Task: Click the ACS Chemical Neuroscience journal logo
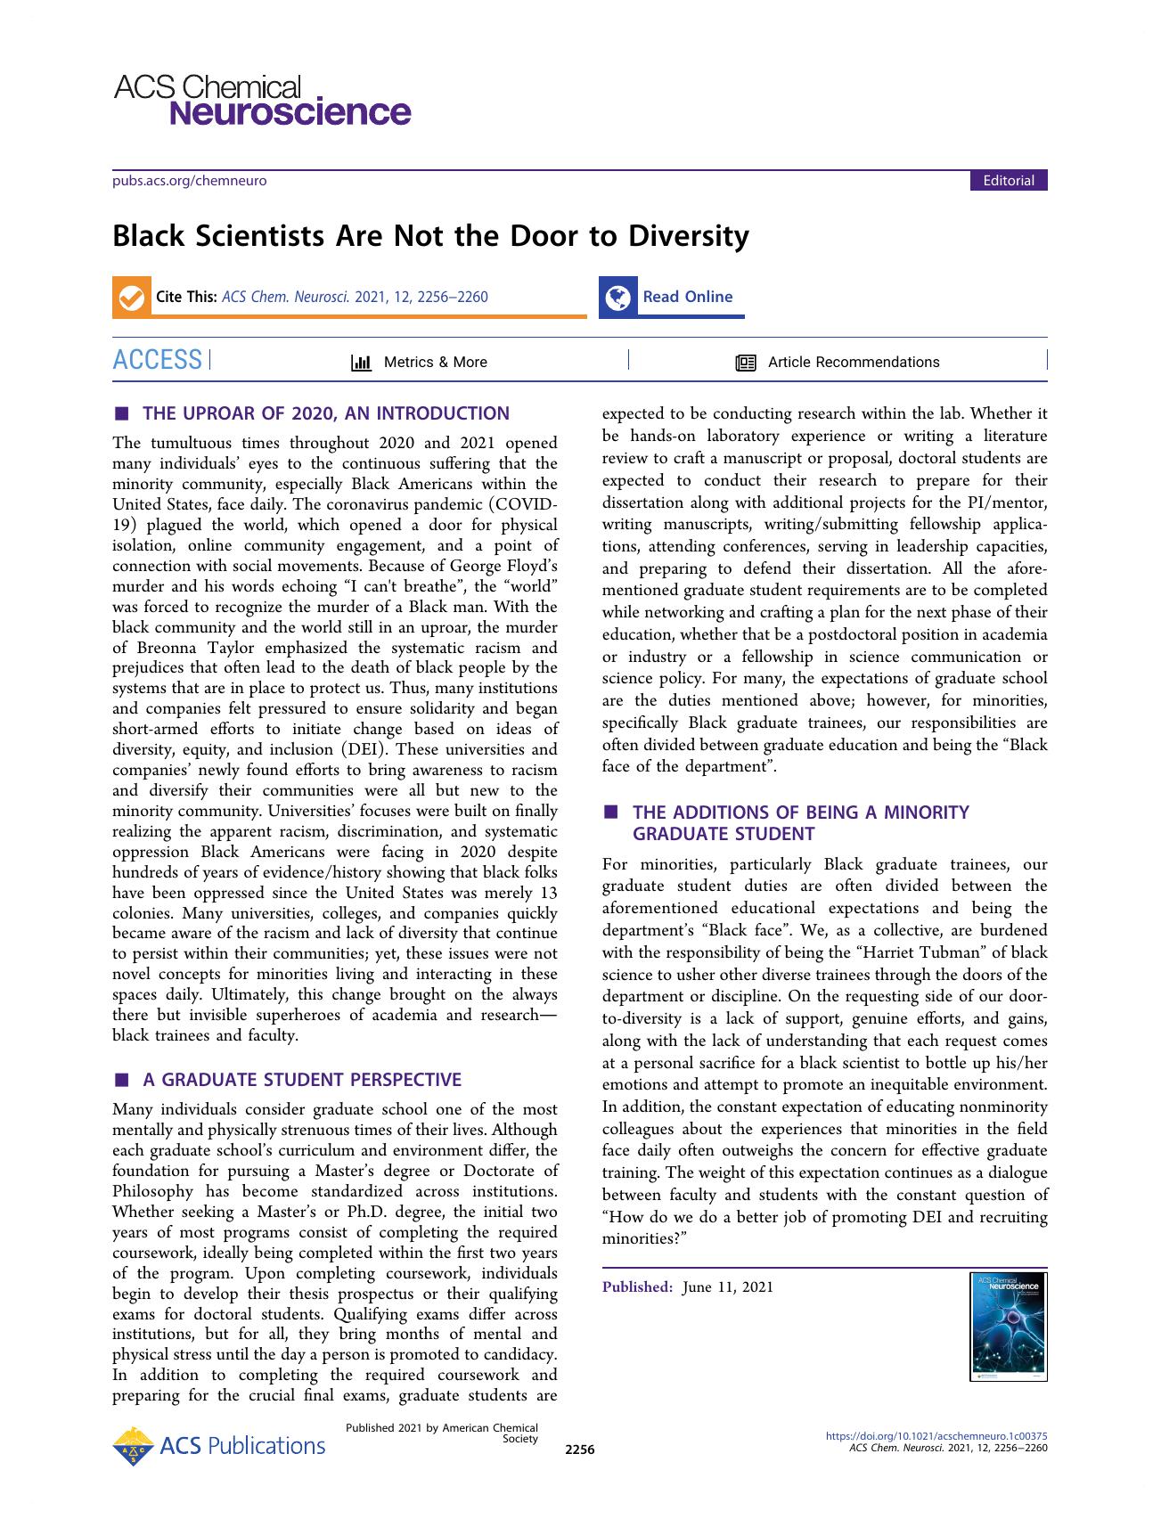pyautogui.click(x=262, y=100)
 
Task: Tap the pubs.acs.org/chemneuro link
pyautogui.click(x=189, y=181)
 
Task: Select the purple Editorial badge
pyautogui.click(x=1008, y=181)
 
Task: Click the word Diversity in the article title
pyautogui.click(x=689, y=236)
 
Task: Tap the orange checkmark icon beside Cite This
pyautogui.click(x=131, y=298)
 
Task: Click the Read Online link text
pyautogui.click(x=687, y=297)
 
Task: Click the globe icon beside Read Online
pyautogui.click(x=617, y=298)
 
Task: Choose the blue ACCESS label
pyautogui.click(x=158, y=361)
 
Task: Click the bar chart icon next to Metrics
pyautogui.click(x=361, y=363)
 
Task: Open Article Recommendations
pyautogui.click(x=853, y=362)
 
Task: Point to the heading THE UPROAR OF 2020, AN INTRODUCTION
pyautogui.click(x=326, y=413)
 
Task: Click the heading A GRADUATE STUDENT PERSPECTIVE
pyautogui.click(x=301, y=1080)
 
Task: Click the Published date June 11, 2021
pyautogui.click(x=727, y=1286)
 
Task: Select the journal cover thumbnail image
pyautogui.click(x=1008, y=1327)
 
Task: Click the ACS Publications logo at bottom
pyautogui.click(x=219, y=1445)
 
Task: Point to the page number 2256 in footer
pyautogui.click(x=579, y=1450)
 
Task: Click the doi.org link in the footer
pyautogui.click(x=936, y=1436)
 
